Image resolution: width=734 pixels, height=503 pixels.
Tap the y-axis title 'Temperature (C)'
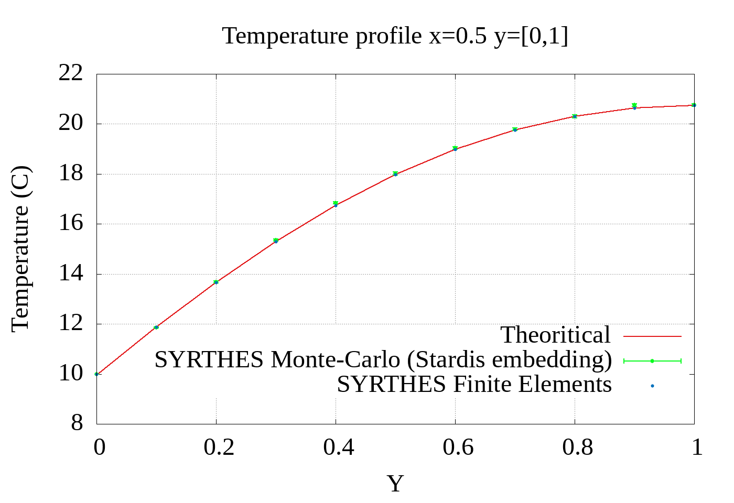tap(21, 249)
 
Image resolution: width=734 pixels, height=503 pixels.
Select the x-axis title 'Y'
tap(395, 483)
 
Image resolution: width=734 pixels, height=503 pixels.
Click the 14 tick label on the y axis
tap(71, 274)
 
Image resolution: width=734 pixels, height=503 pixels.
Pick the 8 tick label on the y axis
tap(77, 423)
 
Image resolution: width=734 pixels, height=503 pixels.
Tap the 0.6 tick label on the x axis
tap(458, 447)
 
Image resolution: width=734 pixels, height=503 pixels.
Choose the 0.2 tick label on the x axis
tap(219, 447)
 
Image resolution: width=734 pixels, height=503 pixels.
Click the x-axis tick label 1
tap(697, 447)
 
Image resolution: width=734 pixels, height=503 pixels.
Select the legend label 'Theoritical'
tap(556, 335)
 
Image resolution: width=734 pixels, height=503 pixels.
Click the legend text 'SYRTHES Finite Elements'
tap(474, 385)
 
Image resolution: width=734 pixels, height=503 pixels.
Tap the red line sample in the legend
tap(652, 336)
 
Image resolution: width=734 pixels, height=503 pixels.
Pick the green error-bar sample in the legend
tap(652, 361)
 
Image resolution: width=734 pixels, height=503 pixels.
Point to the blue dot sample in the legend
tap(652, 386)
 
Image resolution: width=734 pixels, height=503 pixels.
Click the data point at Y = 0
tap(97, 374)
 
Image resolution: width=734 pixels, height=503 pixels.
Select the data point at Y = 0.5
tap(395, 173)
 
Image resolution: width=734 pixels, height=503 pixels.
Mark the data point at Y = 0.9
tap(634, 106)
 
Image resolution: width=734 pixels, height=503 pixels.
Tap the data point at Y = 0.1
tap(156, 327)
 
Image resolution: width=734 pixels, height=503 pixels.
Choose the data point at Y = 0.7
tap(515, 129)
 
